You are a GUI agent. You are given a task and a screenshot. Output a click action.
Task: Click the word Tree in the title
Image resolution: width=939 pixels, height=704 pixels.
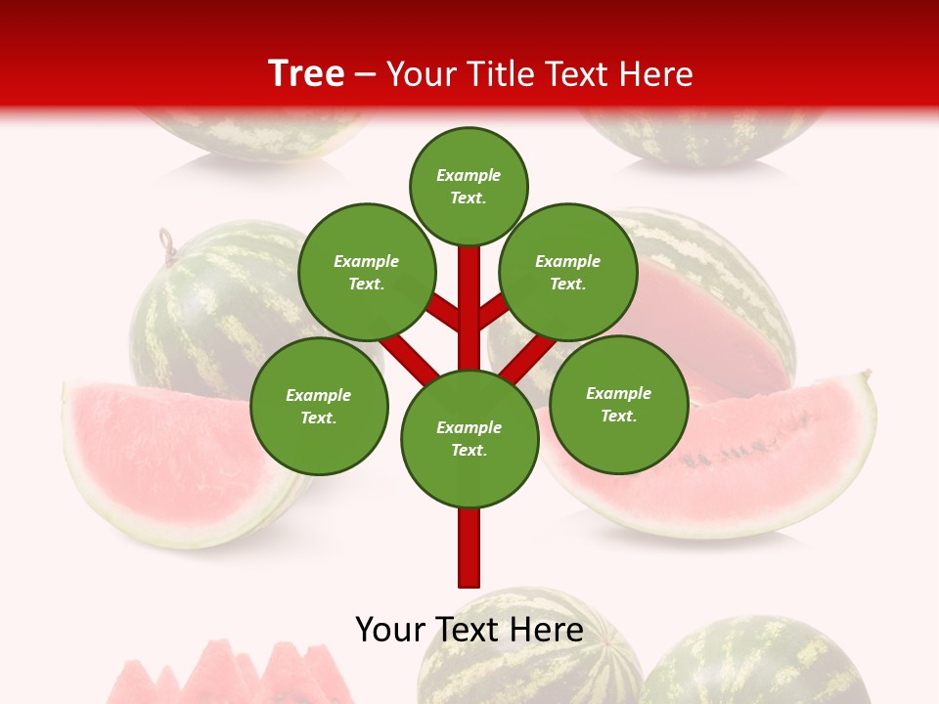[306, 74]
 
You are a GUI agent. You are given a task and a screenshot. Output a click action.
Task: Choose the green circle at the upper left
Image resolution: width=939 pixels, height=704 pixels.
[367, 272]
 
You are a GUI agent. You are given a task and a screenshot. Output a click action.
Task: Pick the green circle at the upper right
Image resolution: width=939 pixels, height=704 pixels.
[568, 272]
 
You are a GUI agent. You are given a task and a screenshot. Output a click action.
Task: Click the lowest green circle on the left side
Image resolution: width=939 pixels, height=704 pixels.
[319, 406]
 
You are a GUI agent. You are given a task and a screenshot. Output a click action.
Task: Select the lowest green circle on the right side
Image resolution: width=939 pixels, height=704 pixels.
[618, 404]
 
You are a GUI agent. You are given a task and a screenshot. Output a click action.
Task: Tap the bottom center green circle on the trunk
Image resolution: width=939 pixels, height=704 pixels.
[469, 438]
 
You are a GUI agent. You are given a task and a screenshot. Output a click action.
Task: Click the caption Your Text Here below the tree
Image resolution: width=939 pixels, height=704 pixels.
[469, 630]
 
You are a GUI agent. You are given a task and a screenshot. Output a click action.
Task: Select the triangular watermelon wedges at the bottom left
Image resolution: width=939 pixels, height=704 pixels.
[235, 675]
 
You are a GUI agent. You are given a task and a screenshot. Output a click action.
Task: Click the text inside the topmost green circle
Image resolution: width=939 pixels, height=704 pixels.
[469, 186]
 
